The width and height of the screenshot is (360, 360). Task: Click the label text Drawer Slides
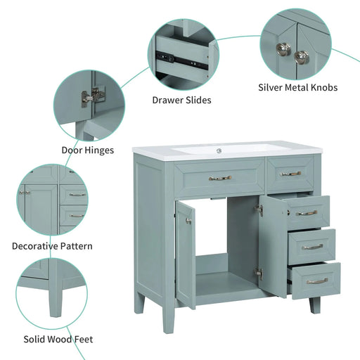click(x=181, y=100)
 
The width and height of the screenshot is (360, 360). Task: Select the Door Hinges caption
click(x=88, y=149)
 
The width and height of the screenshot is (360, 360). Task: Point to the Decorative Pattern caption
click(x=52, y=246)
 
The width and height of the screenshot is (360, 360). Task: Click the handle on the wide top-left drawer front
click(x=219, y=178)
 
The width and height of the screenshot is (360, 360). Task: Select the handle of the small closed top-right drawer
click(x=290, y=174)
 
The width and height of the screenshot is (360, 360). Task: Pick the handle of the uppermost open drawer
click(x=306, y=212)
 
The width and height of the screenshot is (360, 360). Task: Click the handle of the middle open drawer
click(x=311, y=246)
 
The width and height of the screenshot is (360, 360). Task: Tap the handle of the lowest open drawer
click(x=317, y=281)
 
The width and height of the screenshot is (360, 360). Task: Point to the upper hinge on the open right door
click(x=259, y=209)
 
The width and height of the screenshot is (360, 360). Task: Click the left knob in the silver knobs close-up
click(x=283, y=49)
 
